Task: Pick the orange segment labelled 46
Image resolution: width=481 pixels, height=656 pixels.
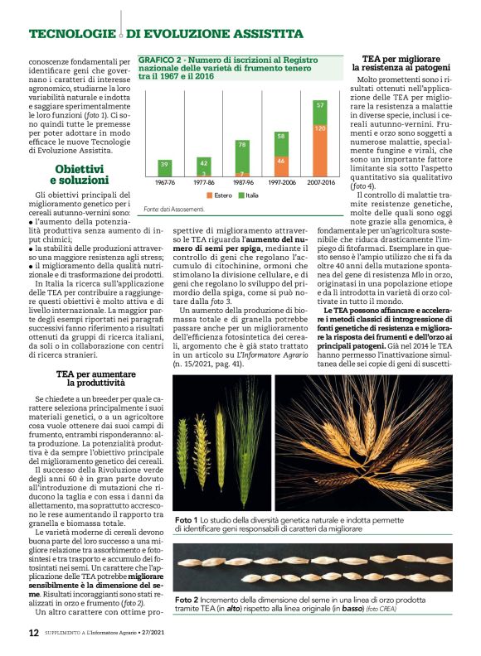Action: click(281, 161)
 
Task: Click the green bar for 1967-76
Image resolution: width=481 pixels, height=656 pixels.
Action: click(164, 165)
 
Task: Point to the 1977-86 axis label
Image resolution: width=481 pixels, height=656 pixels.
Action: click(203, 181)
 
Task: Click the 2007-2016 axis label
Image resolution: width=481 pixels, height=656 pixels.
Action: click(320, 181)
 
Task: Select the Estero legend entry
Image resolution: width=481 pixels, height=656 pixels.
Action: click(217, 195)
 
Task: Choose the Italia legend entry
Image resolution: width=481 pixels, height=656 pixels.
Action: click(250, 195)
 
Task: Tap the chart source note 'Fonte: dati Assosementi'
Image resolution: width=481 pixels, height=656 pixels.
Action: click(173, 210)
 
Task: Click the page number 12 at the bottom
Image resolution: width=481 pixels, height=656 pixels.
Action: click(33, 633)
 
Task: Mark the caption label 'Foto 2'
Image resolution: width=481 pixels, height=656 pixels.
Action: click(186, 599)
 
